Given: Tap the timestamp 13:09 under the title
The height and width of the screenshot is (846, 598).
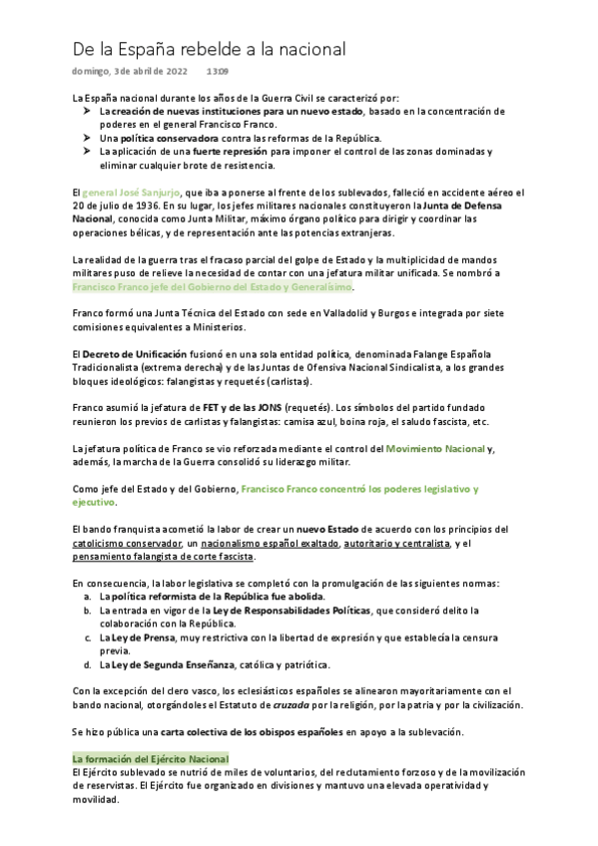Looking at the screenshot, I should (218, 72).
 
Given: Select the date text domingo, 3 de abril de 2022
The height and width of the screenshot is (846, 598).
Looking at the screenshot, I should (130, 72).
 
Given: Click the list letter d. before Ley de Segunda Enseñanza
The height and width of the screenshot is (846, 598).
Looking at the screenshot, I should (88, 663).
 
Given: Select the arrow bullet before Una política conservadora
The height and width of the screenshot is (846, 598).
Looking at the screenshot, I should (87, 137).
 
